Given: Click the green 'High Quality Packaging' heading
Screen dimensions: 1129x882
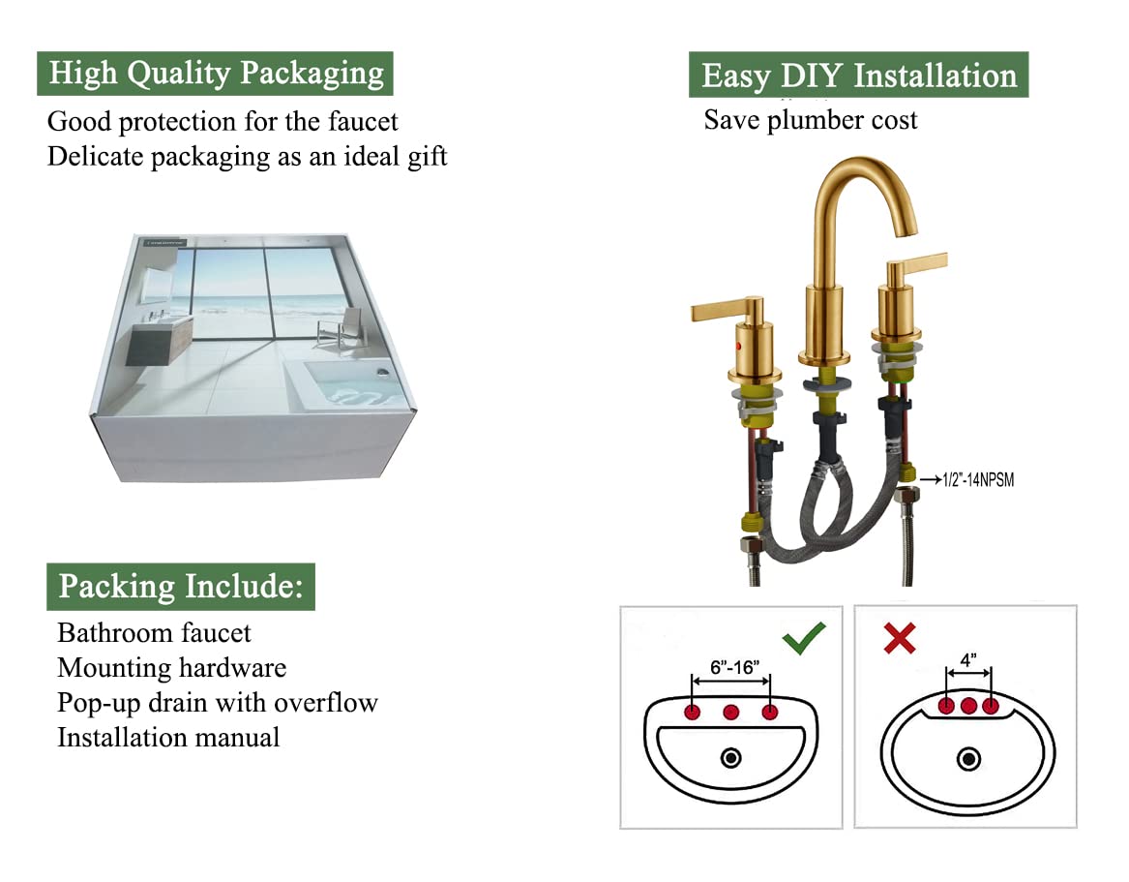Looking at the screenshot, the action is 215,74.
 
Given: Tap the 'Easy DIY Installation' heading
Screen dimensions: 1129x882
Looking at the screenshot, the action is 858,75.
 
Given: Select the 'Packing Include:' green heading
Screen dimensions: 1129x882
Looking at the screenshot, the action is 181,587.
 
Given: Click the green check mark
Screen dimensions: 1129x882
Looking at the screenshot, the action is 804,638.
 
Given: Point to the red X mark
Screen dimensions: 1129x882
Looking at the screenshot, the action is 900,638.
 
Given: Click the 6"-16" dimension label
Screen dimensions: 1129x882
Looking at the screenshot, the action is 734,667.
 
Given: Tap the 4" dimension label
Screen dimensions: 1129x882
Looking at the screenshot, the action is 968,660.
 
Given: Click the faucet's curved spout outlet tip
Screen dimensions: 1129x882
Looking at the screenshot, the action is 907,230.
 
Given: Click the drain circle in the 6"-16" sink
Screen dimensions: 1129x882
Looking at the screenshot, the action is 730,758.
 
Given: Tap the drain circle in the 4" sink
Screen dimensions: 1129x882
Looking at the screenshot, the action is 968,759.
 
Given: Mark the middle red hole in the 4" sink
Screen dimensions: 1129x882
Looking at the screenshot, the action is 968,706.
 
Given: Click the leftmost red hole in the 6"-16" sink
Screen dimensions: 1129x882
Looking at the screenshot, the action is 693,713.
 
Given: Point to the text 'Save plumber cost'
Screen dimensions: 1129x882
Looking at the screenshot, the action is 811,120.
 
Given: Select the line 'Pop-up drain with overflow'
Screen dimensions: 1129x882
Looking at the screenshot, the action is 218,703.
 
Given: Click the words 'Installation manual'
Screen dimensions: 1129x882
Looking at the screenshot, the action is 168,738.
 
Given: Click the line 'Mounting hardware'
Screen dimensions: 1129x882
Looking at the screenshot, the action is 172,669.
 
